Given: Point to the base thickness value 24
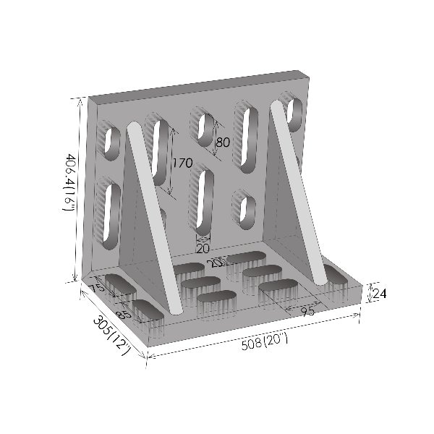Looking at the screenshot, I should click(380, 293).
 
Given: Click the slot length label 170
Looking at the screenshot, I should click(182, 163).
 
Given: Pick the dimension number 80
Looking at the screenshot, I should click(223, 142).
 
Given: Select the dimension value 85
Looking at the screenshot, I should click(122, 315).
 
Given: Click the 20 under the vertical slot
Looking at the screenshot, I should click(203, 248).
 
